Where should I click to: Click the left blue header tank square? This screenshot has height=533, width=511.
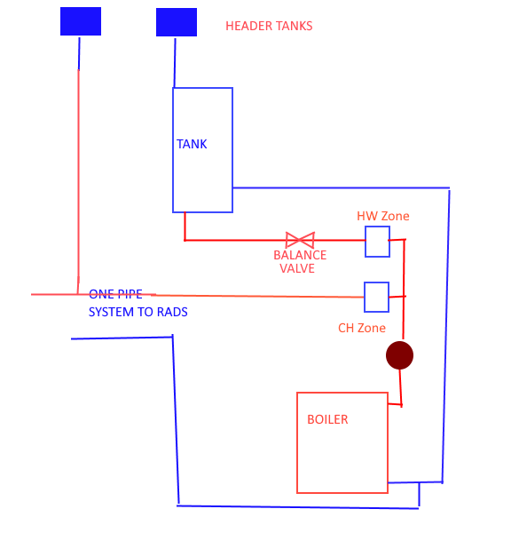(x=81, y=21)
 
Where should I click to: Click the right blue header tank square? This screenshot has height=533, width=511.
(x=177, y=22)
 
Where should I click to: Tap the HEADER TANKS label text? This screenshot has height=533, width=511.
(x=269, y=26)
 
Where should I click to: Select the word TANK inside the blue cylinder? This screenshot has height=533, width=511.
(x=192, y=144)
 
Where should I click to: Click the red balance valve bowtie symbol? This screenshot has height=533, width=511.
(x=300, y=240)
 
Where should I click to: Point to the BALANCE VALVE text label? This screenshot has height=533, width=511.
(x=300, y=261)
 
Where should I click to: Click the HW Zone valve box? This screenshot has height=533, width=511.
(x=377, y=242)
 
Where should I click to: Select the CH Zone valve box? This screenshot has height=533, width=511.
(x=377, y=298)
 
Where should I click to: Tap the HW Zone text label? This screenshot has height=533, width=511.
(x=383, y=216)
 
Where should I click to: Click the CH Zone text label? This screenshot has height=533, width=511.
(x=362, y=328)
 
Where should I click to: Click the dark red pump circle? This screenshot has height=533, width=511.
(x=399, y=355)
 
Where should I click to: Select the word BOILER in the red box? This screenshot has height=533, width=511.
(x=327, y=419)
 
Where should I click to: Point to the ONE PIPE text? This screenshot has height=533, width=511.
(x=115, y=293)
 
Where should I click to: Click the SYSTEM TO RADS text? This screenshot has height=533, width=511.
(x=138, y=312)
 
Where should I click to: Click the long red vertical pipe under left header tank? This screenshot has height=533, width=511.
(x=78, y=178)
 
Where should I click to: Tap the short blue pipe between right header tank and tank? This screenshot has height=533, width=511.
(x=175, y=62)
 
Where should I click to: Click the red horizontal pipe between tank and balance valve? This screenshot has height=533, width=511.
(x=235, y=240)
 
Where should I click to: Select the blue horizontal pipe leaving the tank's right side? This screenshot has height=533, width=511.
(x=342, y=187)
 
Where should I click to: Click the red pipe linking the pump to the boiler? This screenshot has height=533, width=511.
(x=400, y=387)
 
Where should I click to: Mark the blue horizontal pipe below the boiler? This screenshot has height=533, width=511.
(x=297, y=506)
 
